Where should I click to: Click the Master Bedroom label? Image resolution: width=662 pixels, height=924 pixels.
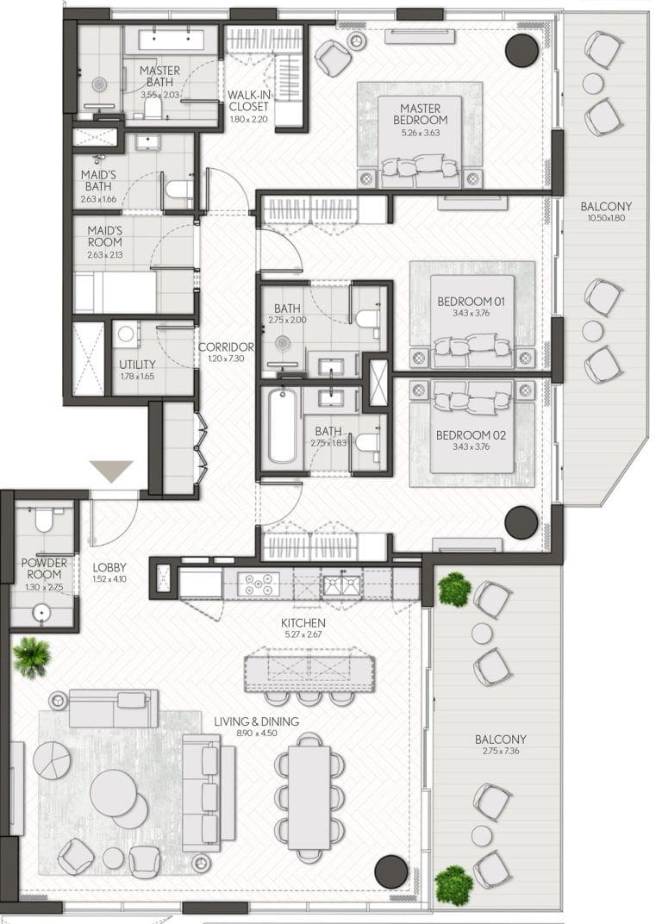click(x=421, y=114)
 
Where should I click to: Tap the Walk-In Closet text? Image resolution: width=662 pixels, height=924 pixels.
click(x=248, y=101)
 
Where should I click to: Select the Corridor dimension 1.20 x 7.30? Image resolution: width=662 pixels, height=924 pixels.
click(x=227, y=359)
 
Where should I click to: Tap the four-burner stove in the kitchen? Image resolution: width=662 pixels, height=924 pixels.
click(x=259, y=584)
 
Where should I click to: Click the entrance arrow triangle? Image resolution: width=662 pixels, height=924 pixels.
click(x=111, y=471)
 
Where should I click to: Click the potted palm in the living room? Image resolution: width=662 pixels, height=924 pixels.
click(x=31, y=657)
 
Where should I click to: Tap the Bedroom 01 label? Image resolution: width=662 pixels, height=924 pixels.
click(x=471, y=301)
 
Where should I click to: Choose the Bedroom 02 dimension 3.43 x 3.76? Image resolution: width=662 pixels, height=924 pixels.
click(x=471, y=446)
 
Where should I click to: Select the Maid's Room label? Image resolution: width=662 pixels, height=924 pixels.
click(x=105, y=235)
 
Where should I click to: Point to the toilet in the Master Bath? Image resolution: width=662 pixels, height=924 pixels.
click(x=153, y=107)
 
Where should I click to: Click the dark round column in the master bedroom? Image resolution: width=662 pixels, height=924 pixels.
click(x=521, y=50)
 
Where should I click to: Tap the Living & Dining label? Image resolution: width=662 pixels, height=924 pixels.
click(x=256, y=721)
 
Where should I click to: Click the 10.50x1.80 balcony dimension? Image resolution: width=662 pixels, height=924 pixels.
click(x=606, y=217)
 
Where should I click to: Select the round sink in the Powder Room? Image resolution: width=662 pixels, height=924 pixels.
click(x=41, y=613)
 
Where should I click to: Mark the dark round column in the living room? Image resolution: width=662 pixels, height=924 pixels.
click(x=391, y=871)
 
